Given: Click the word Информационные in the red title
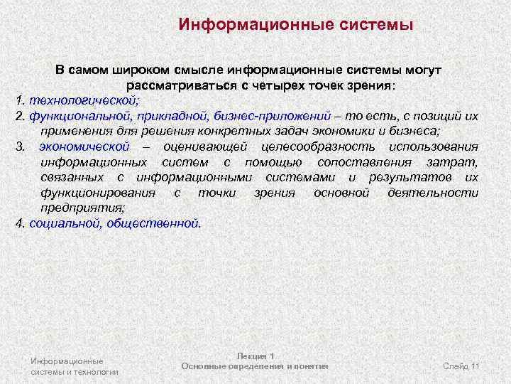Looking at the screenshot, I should coord(249,25).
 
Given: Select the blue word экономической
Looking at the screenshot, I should coord(94,146).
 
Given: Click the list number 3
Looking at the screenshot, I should coord(20,146).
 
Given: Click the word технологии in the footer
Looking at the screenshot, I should coord(99,371).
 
